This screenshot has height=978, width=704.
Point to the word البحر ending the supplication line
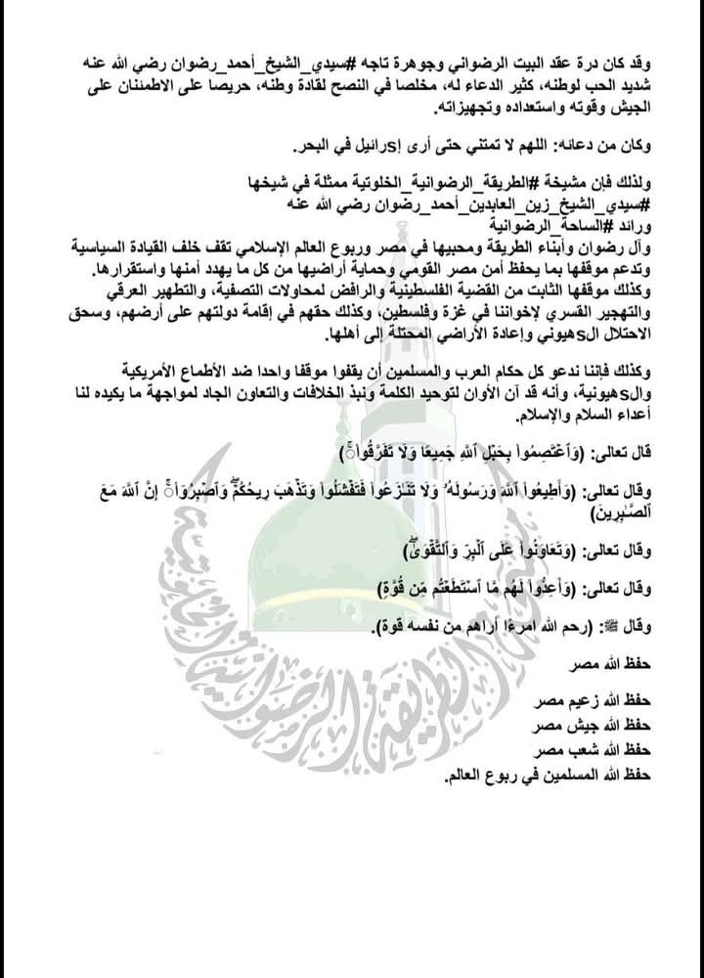[284, 149]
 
